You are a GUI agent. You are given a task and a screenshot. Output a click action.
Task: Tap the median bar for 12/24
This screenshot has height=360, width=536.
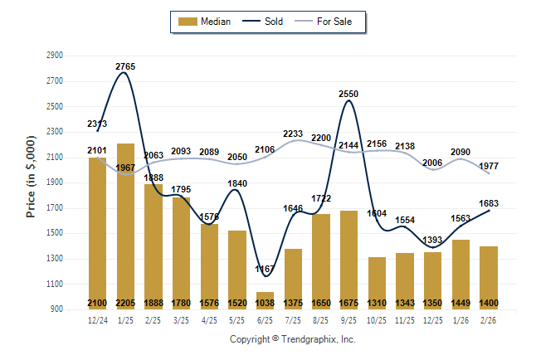click(97, 233)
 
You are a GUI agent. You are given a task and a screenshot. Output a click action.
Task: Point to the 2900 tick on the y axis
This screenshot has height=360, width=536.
click(55, 56)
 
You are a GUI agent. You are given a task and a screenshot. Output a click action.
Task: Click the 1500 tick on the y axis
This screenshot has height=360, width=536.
click(55, 233)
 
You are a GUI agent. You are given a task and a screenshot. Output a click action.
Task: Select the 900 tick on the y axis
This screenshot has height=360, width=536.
click(55, 309)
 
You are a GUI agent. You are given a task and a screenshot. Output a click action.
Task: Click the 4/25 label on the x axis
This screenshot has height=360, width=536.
click(209, 319)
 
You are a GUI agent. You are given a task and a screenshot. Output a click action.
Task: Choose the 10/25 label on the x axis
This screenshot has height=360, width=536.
click(378, 319)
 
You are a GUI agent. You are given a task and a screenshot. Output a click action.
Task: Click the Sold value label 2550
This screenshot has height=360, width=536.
click(349, 95)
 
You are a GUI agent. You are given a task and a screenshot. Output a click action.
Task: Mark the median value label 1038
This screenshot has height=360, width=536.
click(266, 303)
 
